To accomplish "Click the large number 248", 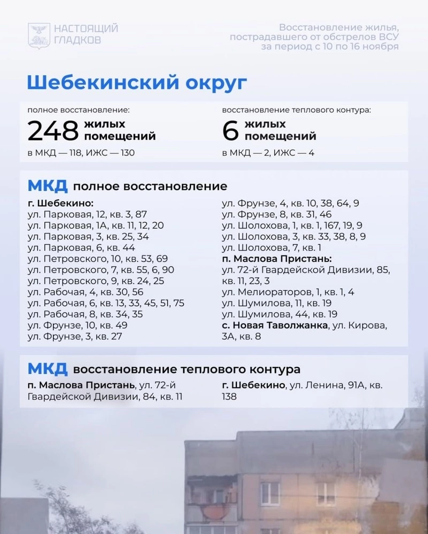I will pos(53,130).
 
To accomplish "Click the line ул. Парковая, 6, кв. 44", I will pos(81,248).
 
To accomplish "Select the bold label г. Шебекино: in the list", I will pos(60,203).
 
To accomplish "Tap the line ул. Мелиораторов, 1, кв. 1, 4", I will pos(288,292).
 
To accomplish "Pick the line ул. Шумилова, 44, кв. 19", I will pos(279,315).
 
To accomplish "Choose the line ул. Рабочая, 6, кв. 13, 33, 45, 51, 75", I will pos(105,303).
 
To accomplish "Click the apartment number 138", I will pos(229,397).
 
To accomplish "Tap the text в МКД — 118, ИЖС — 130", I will pos(81,153).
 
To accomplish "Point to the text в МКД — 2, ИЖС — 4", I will pos(268,153).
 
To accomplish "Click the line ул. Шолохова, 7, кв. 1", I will pos(271,248).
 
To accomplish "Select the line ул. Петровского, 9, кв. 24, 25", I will pos(96,281).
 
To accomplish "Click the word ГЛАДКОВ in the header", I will pos(78,40).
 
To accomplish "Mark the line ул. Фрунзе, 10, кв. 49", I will pos(77,325).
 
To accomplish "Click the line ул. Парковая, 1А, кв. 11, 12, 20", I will pos(95,226).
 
